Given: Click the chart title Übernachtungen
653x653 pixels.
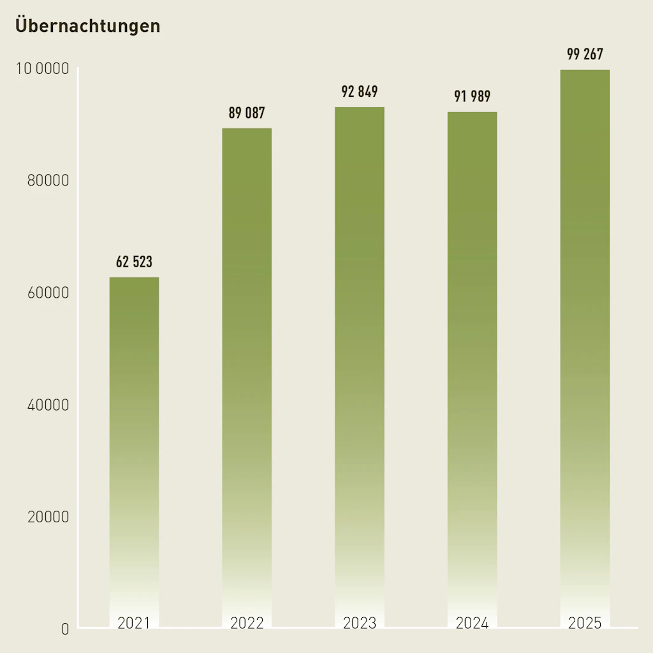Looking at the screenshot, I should [87, 26].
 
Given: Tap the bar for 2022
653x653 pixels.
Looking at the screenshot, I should [247, 370].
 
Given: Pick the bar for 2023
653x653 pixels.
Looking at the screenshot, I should [360, 357].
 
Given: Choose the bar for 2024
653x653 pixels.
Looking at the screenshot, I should [473, 360].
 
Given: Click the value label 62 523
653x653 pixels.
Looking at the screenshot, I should [134, 262].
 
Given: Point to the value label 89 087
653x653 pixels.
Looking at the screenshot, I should [247, 114].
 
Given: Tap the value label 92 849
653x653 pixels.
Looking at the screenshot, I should [360, 92].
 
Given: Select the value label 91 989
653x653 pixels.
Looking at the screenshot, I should [473, 97].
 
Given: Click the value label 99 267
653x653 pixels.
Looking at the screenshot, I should [585, 54].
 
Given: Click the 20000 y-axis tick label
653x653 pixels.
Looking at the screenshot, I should [48, 517].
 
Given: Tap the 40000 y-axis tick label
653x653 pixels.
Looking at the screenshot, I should [48, 405].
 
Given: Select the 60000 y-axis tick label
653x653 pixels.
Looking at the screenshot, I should [48, 293].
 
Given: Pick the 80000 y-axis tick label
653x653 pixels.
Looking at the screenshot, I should [48, 180].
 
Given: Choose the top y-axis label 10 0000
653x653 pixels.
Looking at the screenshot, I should [42, 68].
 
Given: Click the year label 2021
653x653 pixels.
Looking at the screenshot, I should [134, 623].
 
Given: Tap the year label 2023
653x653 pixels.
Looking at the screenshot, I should [360, 623].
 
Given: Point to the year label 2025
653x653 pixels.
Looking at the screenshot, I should [585, 623].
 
